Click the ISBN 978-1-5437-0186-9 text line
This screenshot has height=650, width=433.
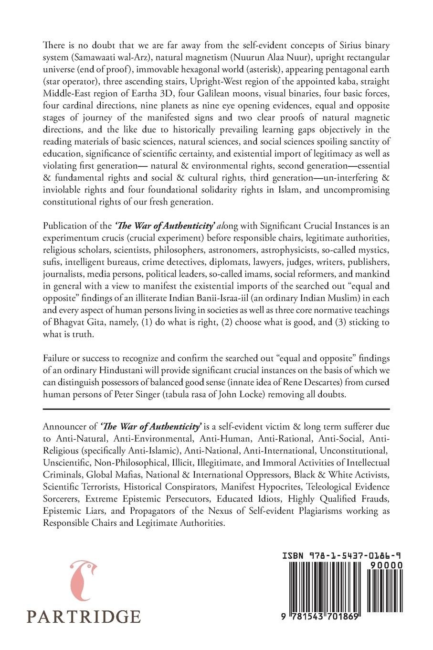(x=341, y=556)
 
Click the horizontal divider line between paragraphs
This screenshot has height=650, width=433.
(x=216, y=409)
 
